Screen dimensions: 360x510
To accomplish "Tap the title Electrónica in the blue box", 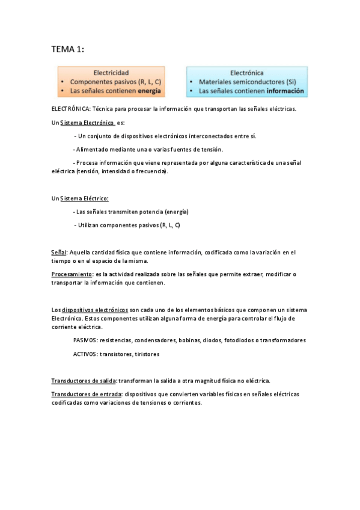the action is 247,72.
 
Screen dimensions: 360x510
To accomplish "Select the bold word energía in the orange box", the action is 149,91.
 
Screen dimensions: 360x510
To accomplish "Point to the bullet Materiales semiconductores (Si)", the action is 248,82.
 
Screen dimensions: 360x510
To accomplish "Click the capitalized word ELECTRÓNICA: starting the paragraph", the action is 71,109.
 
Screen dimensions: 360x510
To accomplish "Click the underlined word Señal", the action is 59,252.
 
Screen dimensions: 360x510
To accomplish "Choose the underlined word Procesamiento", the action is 71,274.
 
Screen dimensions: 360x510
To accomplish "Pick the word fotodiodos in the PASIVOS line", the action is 239,340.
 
